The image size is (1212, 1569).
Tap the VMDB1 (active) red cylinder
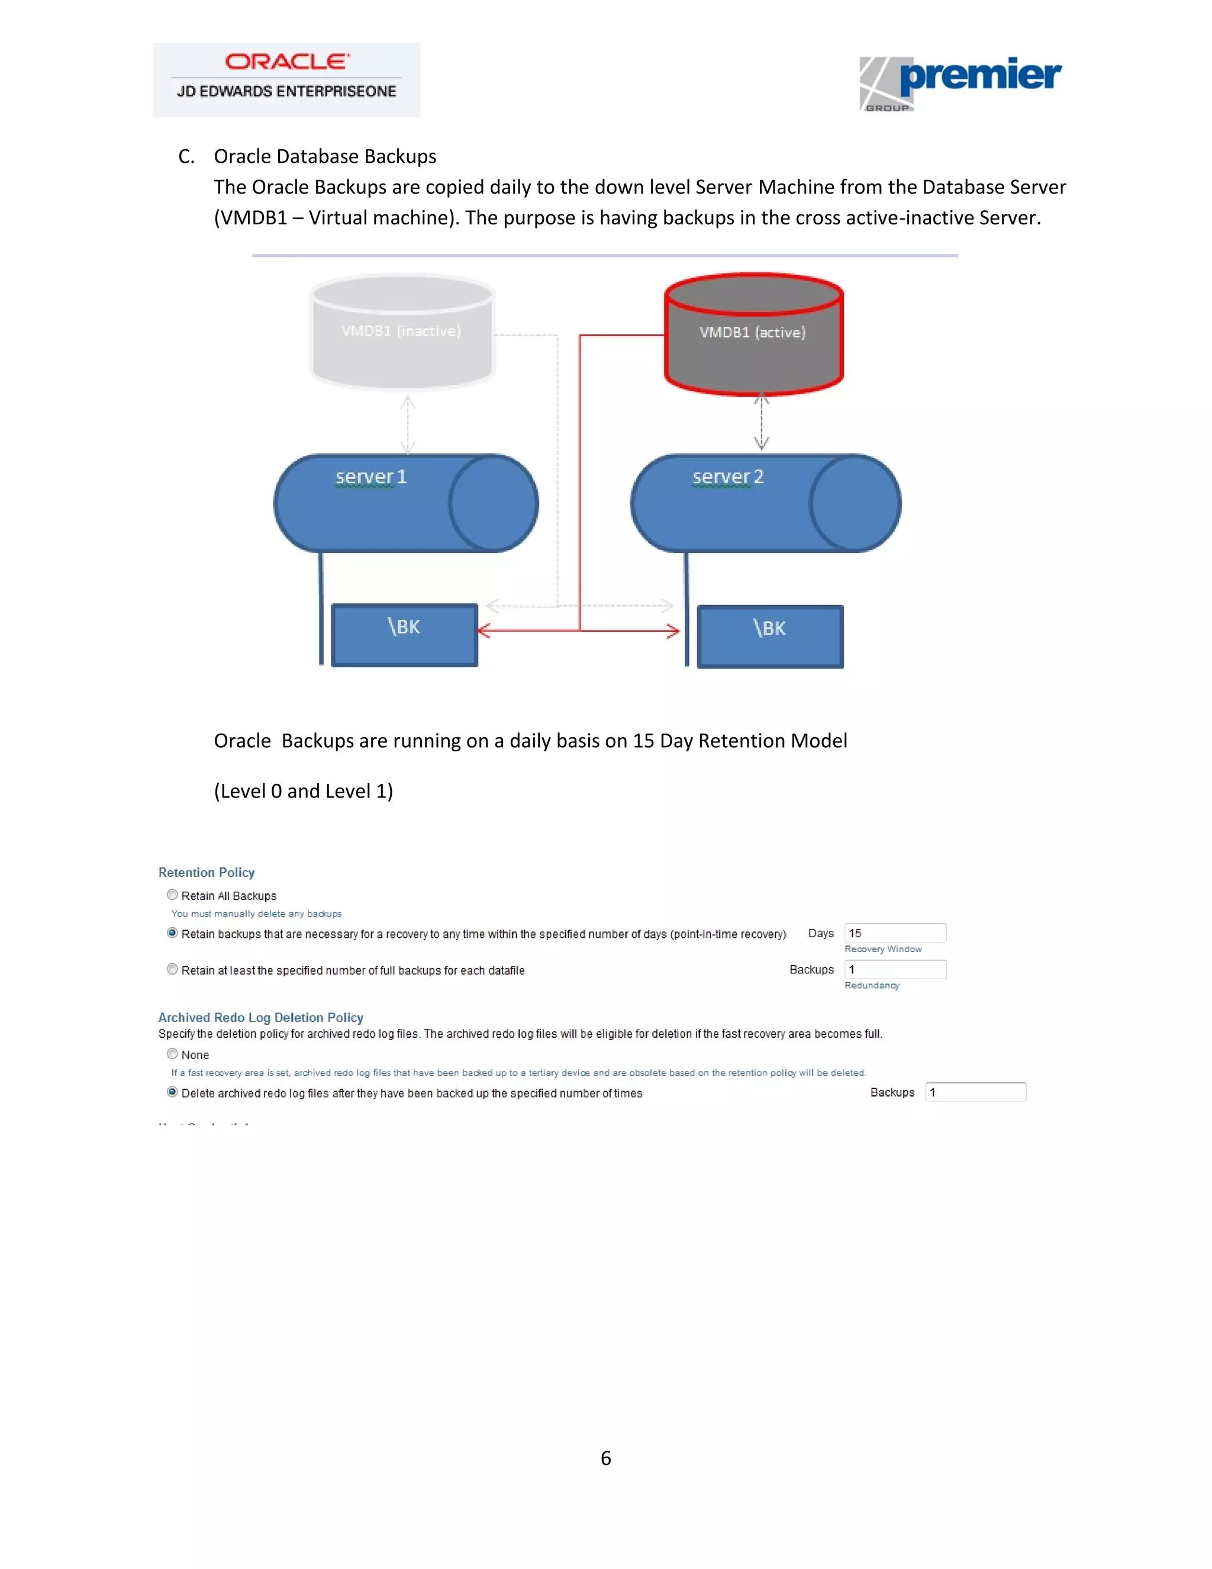(753, 333)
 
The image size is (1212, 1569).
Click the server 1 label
(371, 477)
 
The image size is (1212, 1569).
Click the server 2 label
(728, 477)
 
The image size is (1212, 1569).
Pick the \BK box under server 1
(404, 635)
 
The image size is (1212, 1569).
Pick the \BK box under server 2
(770, 636)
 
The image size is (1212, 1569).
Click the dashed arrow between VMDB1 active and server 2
(762, 422)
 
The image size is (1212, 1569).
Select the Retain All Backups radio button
(172, 895)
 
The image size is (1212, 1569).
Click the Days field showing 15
(895, 933)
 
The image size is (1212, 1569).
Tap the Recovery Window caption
(883, 949)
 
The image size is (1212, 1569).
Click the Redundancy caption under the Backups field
(872, 985)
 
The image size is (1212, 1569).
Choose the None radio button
(172, 1054)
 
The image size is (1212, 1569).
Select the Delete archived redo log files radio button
(172, 1092)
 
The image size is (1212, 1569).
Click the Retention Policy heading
(207, 872)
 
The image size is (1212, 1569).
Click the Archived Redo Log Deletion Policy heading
(260, 1017)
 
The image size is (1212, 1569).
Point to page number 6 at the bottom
(606, 1458)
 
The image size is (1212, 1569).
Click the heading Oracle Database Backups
(324, 157)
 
